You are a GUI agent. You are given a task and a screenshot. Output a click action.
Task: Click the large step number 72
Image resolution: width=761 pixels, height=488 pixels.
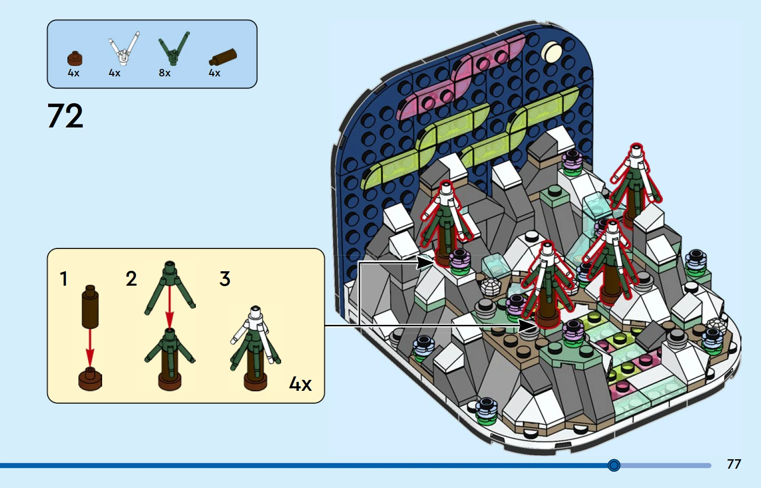click(x=65, y=116)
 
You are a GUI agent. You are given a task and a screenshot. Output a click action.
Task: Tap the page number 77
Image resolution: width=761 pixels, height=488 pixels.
click(x=734, y=464)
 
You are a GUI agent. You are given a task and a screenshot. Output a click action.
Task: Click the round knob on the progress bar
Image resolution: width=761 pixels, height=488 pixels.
click(x=614, y=465)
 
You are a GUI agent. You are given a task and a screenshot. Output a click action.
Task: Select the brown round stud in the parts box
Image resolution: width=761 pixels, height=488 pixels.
click(x=75, y=59)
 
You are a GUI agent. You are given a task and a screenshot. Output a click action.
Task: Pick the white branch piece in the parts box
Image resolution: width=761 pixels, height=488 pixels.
click(x=124, y=48)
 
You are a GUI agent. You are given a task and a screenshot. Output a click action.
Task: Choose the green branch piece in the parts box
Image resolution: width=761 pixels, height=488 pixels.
click(x=174, y=48)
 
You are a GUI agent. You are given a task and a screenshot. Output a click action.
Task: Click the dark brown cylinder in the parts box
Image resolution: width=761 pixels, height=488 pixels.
click(x=223, y=57)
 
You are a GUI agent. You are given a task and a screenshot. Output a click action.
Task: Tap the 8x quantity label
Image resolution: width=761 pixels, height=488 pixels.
click(x=165, y=73)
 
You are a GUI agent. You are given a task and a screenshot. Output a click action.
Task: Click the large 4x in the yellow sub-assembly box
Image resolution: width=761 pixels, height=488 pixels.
click(x=300, y=384)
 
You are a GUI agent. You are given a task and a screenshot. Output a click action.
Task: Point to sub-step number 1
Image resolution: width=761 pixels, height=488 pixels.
click(x=63, y=279)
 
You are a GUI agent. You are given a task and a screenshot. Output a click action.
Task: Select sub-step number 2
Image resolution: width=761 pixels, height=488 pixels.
click(x=131, y=279)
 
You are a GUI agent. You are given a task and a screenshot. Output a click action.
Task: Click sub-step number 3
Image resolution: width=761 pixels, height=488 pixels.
click(x=225, y=279)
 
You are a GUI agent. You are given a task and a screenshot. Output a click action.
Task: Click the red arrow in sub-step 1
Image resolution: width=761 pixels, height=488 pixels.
click(x=90, y=347)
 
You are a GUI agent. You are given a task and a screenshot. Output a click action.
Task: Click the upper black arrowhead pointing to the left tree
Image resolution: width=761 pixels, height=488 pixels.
click(x=425, y=262)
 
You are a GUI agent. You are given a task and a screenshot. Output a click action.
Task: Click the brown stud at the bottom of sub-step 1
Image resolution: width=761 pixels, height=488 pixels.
click(x=90, y=379)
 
